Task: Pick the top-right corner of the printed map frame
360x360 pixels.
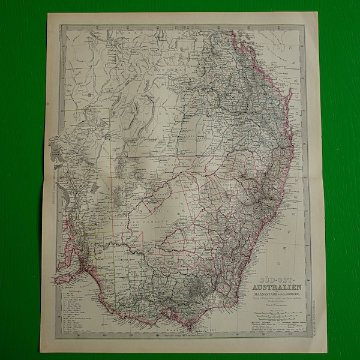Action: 306,25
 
